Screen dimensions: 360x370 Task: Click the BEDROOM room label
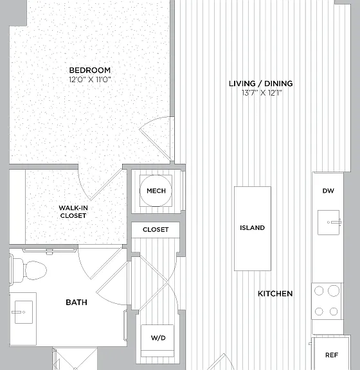click(x=90, y=70)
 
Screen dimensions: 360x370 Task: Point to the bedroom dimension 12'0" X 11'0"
click(x=90, y=80)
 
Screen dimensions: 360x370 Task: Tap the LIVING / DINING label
click(x=261, y=84)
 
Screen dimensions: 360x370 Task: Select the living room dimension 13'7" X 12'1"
click(x=262, y=92)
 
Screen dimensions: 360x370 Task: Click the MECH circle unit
click(x=156, y=191)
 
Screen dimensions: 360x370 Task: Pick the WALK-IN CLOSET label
click(x=73, y=212)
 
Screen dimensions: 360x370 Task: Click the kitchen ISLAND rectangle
click(x=252, y=229)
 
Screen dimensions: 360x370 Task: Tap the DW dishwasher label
click(x=328, y=191)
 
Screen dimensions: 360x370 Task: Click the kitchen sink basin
click(x=328, y=222)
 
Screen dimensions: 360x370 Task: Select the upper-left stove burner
click(x=319, y=291)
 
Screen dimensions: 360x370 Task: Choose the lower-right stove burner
click(x=334, y=312)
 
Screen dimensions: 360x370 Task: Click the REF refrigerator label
click(x=332, y=355)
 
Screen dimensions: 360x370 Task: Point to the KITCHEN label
click(x=275, y=294)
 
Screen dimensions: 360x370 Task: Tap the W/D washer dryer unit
click(x=157, y=338)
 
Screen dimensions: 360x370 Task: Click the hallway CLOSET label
click(x=156, y=229)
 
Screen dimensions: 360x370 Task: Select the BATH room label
click(x=76, y=303)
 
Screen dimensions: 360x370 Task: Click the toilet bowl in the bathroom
click(x=35, y=270)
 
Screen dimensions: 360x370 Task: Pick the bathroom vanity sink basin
click(x=24, y=312)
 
